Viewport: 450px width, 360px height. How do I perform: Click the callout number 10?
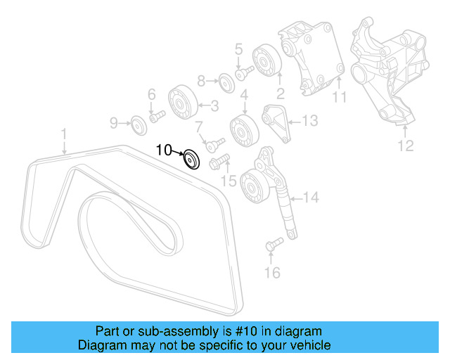tap(163, 149)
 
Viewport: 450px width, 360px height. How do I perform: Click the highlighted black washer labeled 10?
tap(191, 160)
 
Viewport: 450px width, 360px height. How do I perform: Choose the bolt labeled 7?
tap(209, 144)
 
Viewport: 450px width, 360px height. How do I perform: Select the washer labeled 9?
tap(138, 125)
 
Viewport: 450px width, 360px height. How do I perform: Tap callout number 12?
tap(406, 146)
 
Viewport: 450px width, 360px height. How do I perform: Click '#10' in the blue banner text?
tap(255, 331)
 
